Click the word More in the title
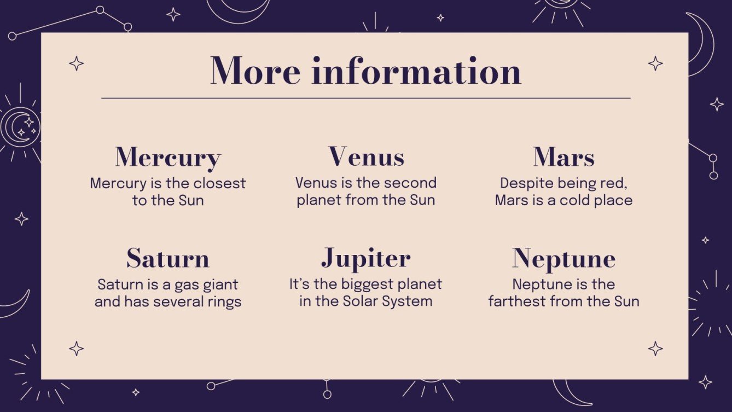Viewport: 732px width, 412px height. (x=255, y=71)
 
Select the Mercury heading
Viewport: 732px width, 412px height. (x=168, y=158)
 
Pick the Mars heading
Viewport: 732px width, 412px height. (x=563, y=158)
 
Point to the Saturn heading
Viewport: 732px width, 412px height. (x=168, y=258)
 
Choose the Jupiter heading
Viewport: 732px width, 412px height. (x=365, y=259)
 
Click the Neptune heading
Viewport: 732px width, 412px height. (x=563, y=259)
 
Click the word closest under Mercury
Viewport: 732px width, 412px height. (x=219, y=183)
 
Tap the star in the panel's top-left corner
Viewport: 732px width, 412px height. (x=77, y=63)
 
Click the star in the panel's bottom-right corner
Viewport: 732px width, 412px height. (x=655, y=348)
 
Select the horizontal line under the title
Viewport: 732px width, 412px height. (x=365, y=98)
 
